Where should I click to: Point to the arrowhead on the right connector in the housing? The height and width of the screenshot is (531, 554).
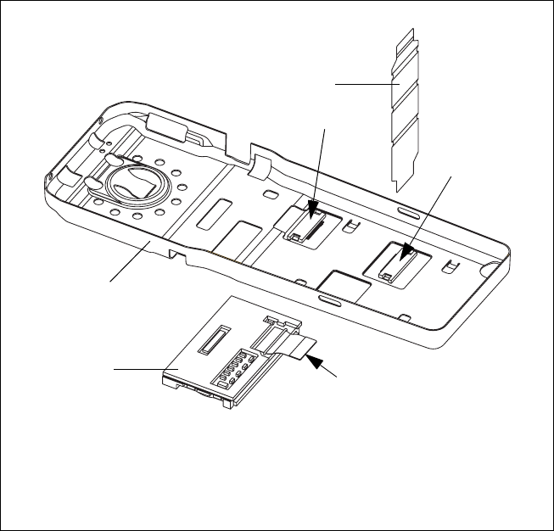[405, 251]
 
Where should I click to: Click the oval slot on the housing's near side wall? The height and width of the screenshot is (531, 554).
[329, 299]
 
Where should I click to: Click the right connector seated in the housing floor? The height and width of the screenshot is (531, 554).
[395, 262]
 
